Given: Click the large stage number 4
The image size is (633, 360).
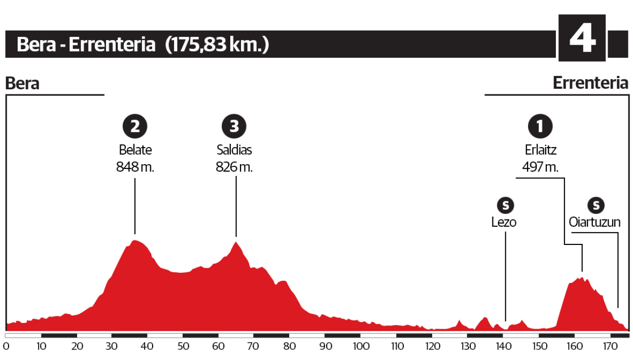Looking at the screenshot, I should coord(582,39).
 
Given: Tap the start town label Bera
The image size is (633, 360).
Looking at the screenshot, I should coord(22,83).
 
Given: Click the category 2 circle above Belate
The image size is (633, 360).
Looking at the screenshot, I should coord(135,127).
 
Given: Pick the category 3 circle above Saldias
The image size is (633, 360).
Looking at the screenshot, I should coord(234,127).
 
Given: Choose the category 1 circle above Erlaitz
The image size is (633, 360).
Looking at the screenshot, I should coord(540,127).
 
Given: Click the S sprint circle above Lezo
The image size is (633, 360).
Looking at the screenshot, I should coord(505,205).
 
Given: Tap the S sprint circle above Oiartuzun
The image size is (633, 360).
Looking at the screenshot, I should coord(595,205).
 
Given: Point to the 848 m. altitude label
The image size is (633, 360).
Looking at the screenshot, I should coord(135,167).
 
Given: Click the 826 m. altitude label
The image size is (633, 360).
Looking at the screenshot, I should coord(234,167).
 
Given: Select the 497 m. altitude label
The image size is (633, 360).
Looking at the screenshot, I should coord(540,167).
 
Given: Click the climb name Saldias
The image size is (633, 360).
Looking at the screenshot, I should coord(234,151).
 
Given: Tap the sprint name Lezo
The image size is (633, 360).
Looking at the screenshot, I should coord(504,222).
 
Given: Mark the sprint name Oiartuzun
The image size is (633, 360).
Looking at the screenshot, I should coord(595,222).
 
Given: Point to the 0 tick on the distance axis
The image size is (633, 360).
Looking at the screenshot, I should coord(6,347).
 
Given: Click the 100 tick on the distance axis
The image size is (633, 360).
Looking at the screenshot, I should coord(361,347).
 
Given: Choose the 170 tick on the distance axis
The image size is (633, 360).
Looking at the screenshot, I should coord(610,347).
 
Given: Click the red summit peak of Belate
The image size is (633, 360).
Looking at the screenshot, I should coord(135,242).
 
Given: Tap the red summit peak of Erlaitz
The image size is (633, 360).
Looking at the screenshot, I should coord(581,279).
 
